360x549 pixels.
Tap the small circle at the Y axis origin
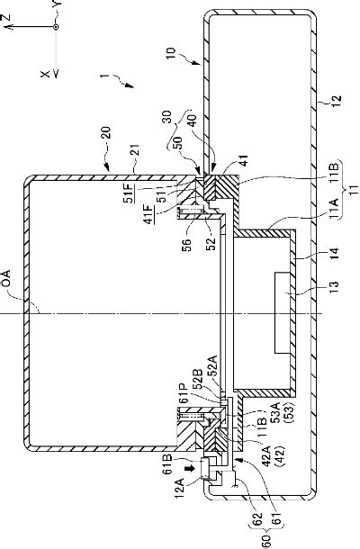56,28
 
